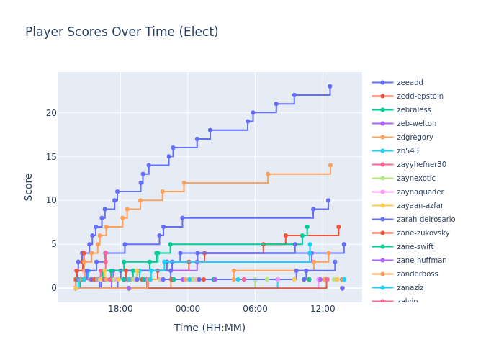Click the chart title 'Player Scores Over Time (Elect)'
(122, 32)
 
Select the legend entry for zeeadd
(410, 83)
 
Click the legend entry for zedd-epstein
(420, 96)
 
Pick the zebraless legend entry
(413, 110)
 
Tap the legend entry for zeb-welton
(416, 124)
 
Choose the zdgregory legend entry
(415, 138)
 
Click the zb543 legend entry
(408, 151)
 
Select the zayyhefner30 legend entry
(421, 165)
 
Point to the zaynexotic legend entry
(416, 179)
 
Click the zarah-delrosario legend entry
(426, 220)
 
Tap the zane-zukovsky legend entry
(423, 233)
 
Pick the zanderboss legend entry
(417, 274)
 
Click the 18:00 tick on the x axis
(120, 309)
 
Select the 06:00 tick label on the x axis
(255, 309)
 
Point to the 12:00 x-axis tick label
(323, 309)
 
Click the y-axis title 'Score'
(29, 186)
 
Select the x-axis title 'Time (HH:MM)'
(210, 328)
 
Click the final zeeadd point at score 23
(330, 86)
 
